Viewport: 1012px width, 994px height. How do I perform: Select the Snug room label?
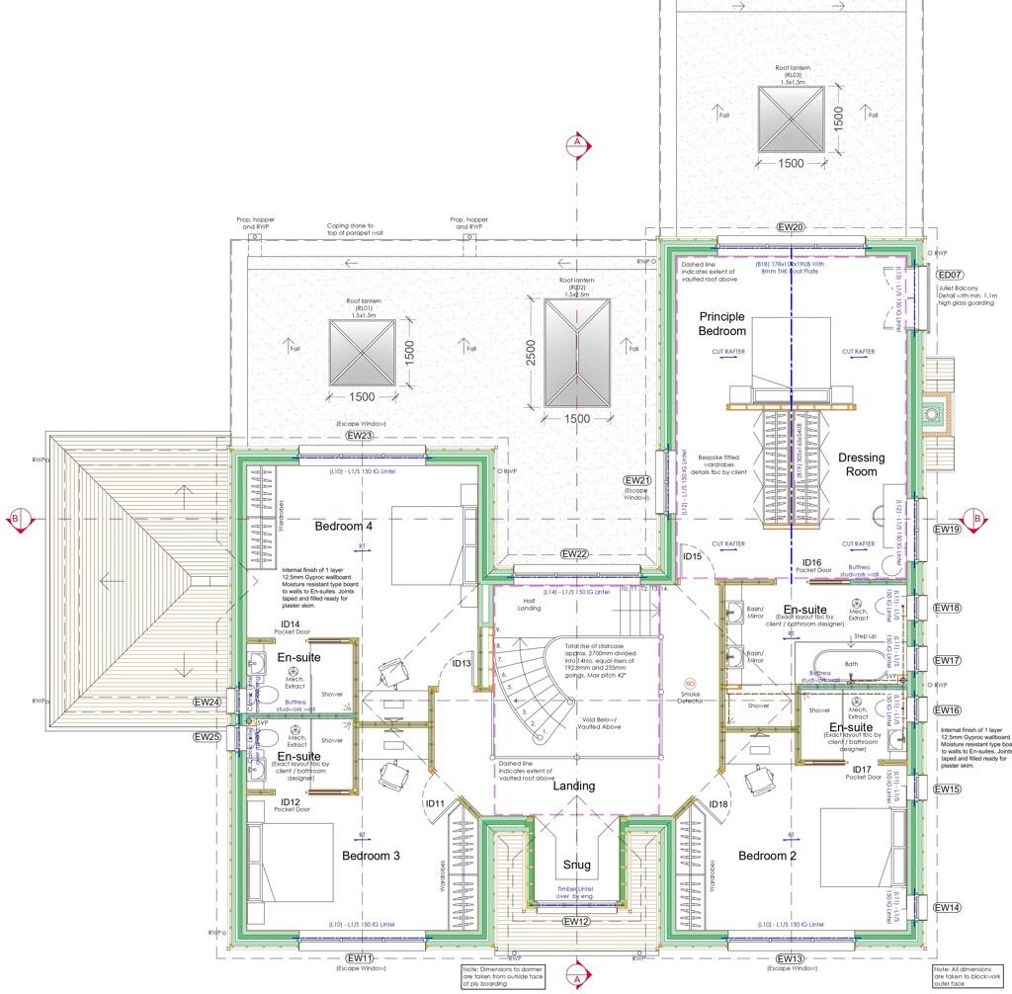(576, 865)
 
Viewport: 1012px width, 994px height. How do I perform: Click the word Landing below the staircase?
(574, 786)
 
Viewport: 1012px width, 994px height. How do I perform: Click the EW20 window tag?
(791, 227)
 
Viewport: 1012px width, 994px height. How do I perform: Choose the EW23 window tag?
(359, 436)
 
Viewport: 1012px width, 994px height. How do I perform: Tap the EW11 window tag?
(360, 958)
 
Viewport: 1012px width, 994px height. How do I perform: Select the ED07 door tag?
(950, 275)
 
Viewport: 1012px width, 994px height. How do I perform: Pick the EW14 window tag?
(947, 907)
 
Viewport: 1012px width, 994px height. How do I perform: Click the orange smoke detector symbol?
(690, 683)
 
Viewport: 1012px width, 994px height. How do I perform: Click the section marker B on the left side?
(15, 518)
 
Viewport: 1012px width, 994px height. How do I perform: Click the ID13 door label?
(462, 664)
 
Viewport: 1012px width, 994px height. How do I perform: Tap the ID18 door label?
(718, 804)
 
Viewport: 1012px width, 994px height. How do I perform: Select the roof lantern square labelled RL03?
(791, 119)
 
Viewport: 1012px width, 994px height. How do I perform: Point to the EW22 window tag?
(573, 553)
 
